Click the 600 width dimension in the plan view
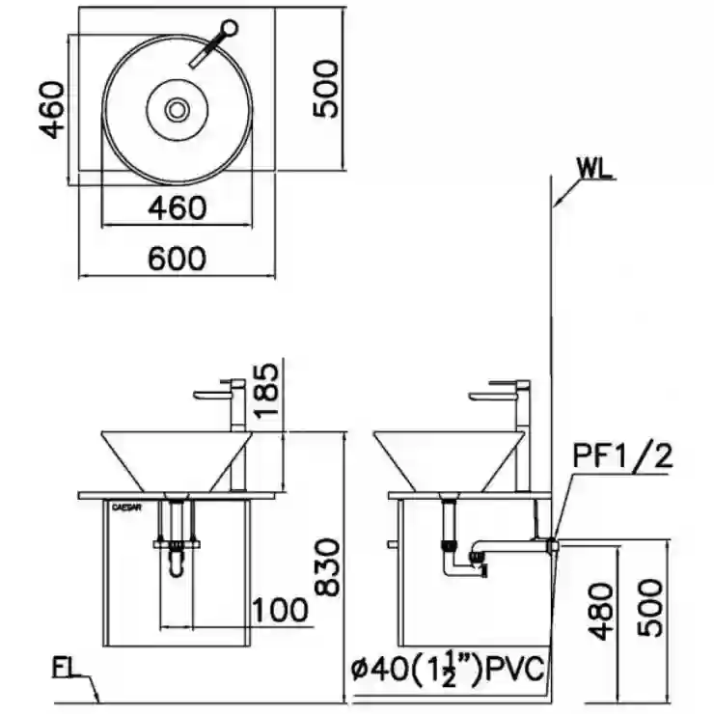tap(178, 259)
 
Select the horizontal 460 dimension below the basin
tap(178, 208)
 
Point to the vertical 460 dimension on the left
tap(52, 110)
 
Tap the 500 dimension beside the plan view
tap(327, 89)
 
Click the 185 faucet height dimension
tap(265, 390)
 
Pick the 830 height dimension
tap(328, 567)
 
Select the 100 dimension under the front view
tap(280, 610)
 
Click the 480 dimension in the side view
tap(600, 612)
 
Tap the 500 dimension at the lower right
tap(649, 608)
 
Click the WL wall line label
tap(593, 169)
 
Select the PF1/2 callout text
tap(622, 455)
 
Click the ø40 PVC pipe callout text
tap(448, 668)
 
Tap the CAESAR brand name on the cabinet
tap(126, 508)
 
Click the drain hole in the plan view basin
tap(178, 110)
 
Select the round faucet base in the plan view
tap(230, 28)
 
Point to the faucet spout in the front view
tap(212, 394)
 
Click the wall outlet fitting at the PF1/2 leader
tap(553, 544)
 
